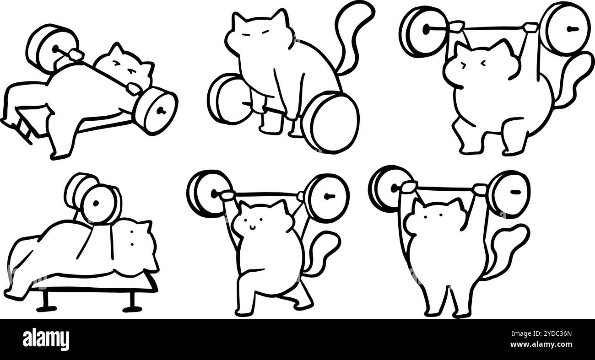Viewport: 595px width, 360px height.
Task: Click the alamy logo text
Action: tap(46, 339)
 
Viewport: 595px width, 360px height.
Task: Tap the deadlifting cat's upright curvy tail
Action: tap(352, 32)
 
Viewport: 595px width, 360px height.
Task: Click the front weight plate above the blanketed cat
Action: tap(98, 204)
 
